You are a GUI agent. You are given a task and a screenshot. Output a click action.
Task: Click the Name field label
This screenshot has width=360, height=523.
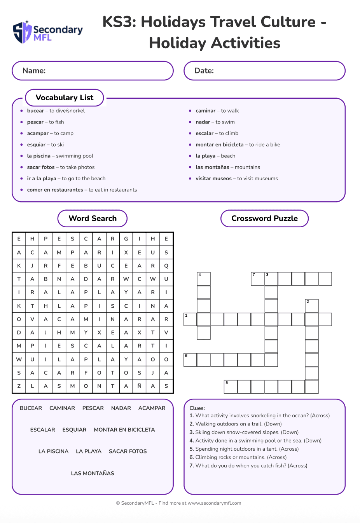click(34, 71)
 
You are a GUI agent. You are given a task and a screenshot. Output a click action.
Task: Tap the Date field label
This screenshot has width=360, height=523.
click(204, 71)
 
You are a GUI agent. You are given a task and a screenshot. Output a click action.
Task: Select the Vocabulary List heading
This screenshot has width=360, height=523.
click(65, 98)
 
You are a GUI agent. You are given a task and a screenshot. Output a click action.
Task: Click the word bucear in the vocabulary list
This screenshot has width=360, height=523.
click(35, 111)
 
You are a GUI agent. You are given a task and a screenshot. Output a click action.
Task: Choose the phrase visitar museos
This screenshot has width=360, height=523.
click(213, 178)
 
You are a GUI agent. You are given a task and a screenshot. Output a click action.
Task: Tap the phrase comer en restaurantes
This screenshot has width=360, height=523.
click(55, 190)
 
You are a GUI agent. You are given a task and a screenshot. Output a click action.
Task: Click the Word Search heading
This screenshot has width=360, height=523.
click(93, 218)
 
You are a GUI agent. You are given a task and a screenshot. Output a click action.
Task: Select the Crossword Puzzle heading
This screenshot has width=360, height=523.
click(264, 218)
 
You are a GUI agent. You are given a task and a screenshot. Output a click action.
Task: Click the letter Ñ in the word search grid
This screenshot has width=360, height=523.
click(140, 386)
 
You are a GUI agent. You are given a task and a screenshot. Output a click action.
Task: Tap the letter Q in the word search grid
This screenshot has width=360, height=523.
click(166, 266)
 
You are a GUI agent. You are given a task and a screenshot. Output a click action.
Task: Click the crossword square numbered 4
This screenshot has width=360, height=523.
click(204, 279)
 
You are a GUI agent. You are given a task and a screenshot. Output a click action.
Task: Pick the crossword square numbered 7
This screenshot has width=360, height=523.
click(257, 279)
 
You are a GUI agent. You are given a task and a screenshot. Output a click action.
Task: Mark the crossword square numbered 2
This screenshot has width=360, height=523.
click(312, 306)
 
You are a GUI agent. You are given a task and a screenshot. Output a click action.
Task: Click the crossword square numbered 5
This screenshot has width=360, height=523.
click(231, 387)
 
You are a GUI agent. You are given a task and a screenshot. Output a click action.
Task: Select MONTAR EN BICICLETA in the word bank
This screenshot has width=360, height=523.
click(124, 430)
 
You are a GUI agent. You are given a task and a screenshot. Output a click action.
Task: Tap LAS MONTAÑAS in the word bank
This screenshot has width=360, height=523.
click(93, 473)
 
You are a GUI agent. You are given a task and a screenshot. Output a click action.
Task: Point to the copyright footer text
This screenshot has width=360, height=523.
click(178, 503)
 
